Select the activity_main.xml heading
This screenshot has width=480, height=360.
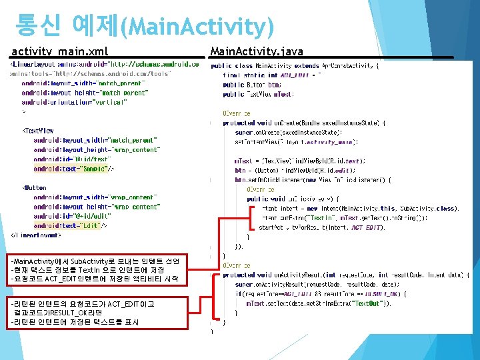tap(59, 51)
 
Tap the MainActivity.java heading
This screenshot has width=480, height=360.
tap(257, 51)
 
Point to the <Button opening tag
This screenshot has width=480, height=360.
tap(36, 188)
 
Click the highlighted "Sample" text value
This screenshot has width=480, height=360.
tap(97, 169)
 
